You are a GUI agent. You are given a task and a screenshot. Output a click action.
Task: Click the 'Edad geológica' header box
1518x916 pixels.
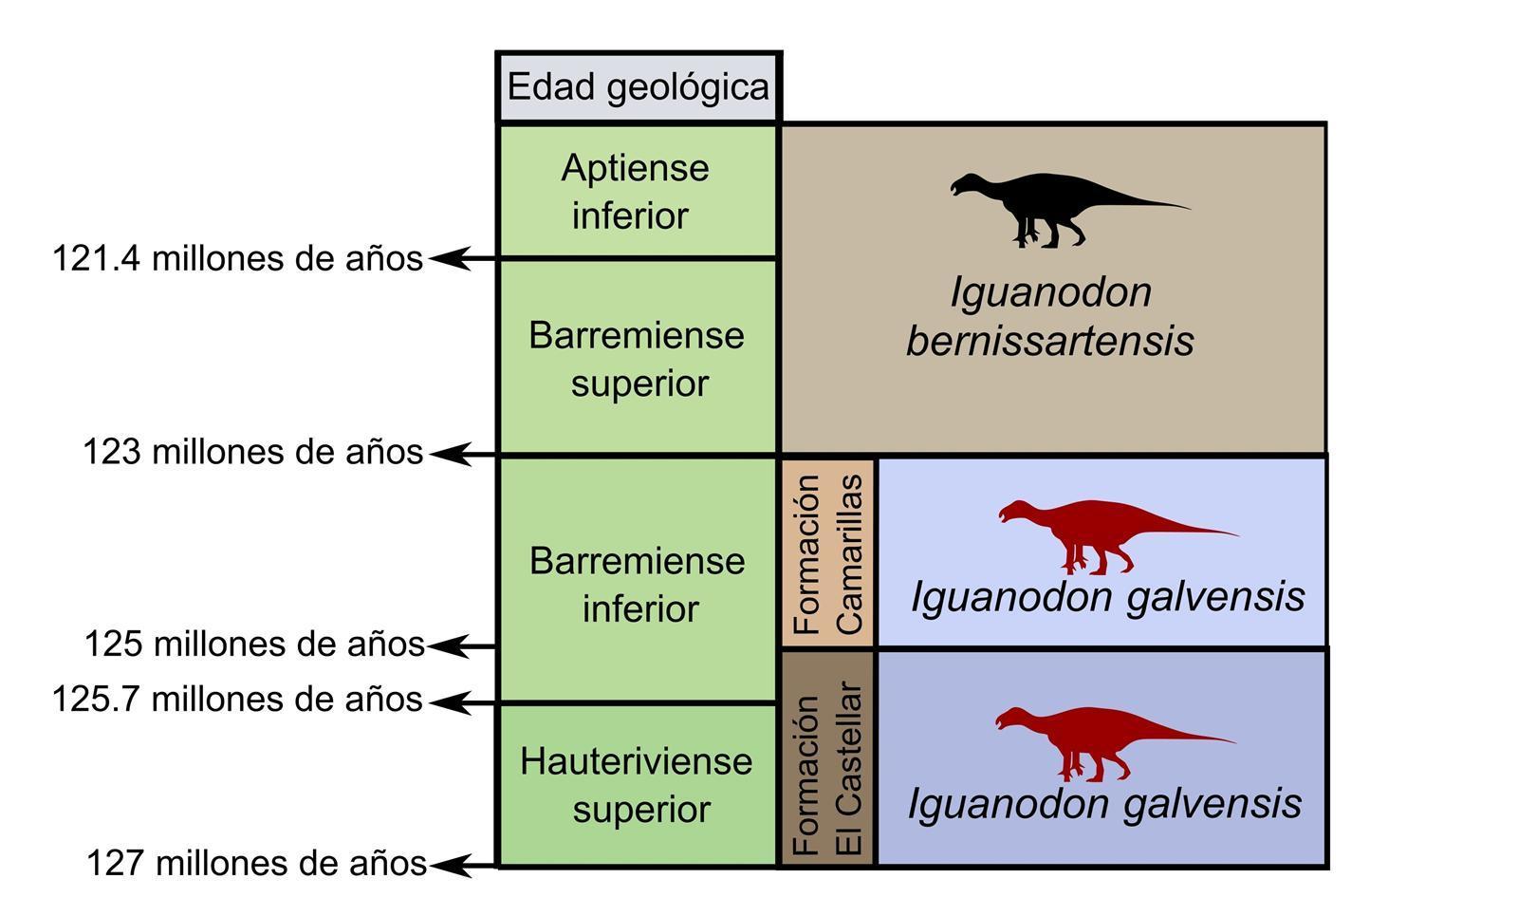[639, 87]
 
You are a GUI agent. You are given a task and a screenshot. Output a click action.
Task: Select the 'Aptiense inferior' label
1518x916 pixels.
[635, 192]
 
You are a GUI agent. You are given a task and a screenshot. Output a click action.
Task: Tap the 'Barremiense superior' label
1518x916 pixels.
[638, 359]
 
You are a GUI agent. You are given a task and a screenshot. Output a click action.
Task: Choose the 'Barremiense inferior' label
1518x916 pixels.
[638, 584]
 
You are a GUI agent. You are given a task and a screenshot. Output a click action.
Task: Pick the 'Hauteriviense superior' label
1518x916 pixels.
[637, 785]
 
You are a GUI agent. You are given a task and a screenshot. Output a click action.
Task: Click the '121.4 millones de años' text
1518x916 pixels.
[237, 258]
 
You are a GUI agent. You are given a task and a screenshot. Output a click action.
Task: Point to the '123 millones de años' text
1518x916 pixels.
[252, 452]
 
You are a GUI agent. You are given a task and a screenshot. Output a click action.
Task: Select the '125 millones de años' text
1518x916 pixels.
[254, 644]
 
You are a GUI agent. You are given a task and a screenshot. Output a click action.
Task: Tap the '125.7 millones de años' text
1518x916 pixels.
[237, 700]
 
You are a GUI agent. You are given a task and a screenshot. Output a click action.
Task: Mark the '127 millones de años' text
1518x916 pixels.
[256, 863]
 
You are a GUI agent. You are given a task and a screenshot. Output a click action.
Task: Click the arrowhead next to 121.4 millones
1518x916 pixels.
[450, 257]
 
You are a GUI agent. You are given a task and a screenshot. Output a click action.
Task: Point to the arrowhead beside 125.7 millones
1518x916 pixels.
[450, 702]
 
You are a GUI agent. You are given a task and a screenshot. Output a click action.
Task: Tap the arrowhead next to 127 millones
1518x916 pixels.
[450, 865]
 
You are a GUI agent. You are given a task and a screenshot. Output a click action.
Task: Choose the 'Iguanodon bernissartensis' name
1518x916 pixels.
[1050, 316]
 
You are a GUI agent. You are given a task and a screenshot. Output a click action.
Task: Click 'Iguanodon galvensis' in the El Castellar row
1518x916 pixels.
[1104, 804]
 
